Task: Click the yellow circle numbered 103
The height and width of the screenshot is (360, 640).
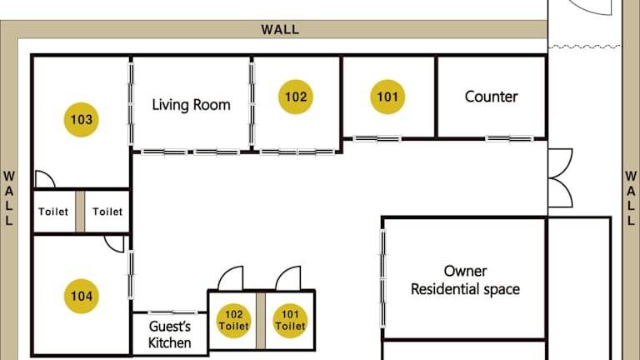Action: coord(81,120)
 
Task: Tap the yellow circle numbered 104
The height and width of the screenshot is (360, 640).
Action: coord(81,296)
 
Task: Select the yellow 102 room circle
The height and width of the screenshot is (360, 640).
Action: coord(296,97)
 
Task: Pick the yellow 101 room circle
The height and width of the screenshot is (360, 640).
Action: coord(387,97)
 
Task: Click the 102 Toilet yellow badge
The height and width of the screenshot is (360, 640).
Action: coord(233,321)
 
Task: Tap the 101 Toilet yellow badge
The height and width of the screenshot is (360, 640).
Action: coord(290,321)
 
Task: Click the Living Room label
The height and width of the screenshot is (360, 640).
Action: coord(191,105)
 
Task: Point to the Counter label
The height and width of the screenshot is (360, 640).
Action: coord(491,97)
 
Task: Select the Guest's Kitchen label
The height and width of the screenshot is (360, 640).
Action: coord(169,334)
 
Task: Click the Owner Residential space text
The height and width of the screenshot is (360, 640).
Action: coord(465,280)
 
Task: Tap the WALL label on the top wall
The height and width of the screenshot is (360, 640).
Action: coord(280,29)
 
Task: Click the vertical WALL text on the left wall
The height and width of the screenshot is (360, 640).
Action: coord(9,199)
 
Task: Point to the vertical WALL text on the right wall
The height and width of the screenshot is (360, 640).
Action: coord(631,199)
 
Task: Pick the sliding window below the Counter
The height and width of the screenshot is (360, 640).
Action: coord(509,139)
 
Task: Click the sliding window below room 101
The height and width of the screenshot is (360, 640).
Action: coord(377,139)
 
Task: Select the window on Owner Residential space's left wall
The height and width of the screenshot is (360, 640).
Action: coord(382,279)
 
